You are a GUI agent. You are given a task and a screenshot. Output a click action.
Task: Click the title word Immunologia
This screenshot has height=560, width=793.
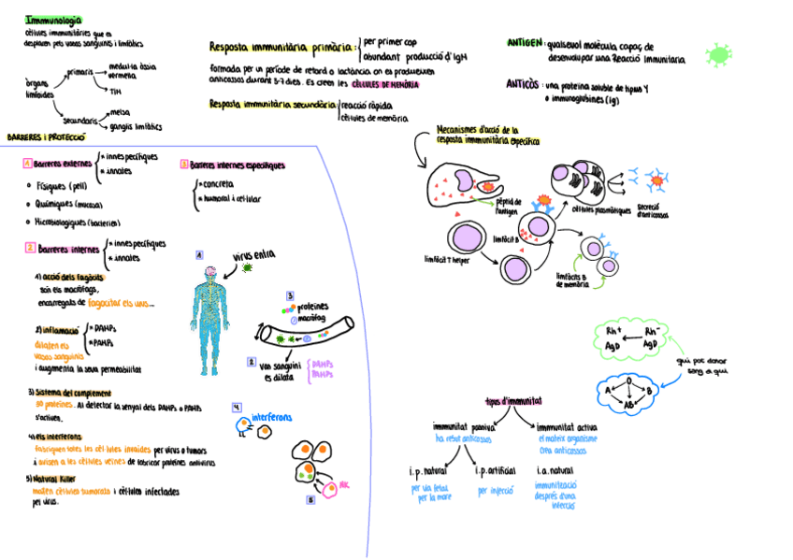[x=53, y=20]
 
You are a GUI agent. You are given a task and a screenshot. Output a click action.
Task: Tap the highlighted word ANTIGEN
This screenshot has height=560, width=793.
[x=524, y=43]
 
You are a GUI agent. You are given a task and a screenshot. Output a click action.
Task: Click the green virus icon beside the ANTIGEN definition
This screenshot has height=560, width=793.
[x=718, y=55]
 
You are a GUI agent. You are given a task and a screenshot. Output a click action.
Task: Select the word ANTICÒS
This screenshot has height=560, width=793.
[x=522, y=84]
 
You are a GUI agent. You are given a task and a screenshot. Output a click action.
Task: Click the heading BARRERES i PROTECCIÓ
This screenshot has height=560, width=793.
[x=41, y=136]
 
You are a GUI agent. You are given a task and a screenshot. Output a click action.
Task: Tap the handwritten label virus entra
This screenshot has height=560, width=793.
[x=253, y=254]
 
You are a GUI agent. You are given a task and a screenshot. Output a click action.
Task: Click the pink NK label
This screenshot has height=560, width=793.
[x=344, y=486]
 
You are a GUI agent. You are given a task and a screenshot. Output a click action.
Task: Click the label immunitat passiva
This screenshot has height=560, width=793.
[x=463, y=426]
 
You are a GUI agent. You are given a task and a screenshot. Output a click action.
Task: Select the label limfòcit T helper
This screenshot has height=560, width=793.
[x=448, y=259]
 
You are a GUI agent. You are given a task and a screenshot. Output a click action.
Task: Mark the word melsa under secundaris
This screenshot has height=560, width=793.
[x=120, y=113]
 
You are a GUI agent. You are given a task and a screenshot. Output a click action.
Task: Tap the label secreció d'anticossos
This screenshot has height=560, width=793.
[x=653, y=210]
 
